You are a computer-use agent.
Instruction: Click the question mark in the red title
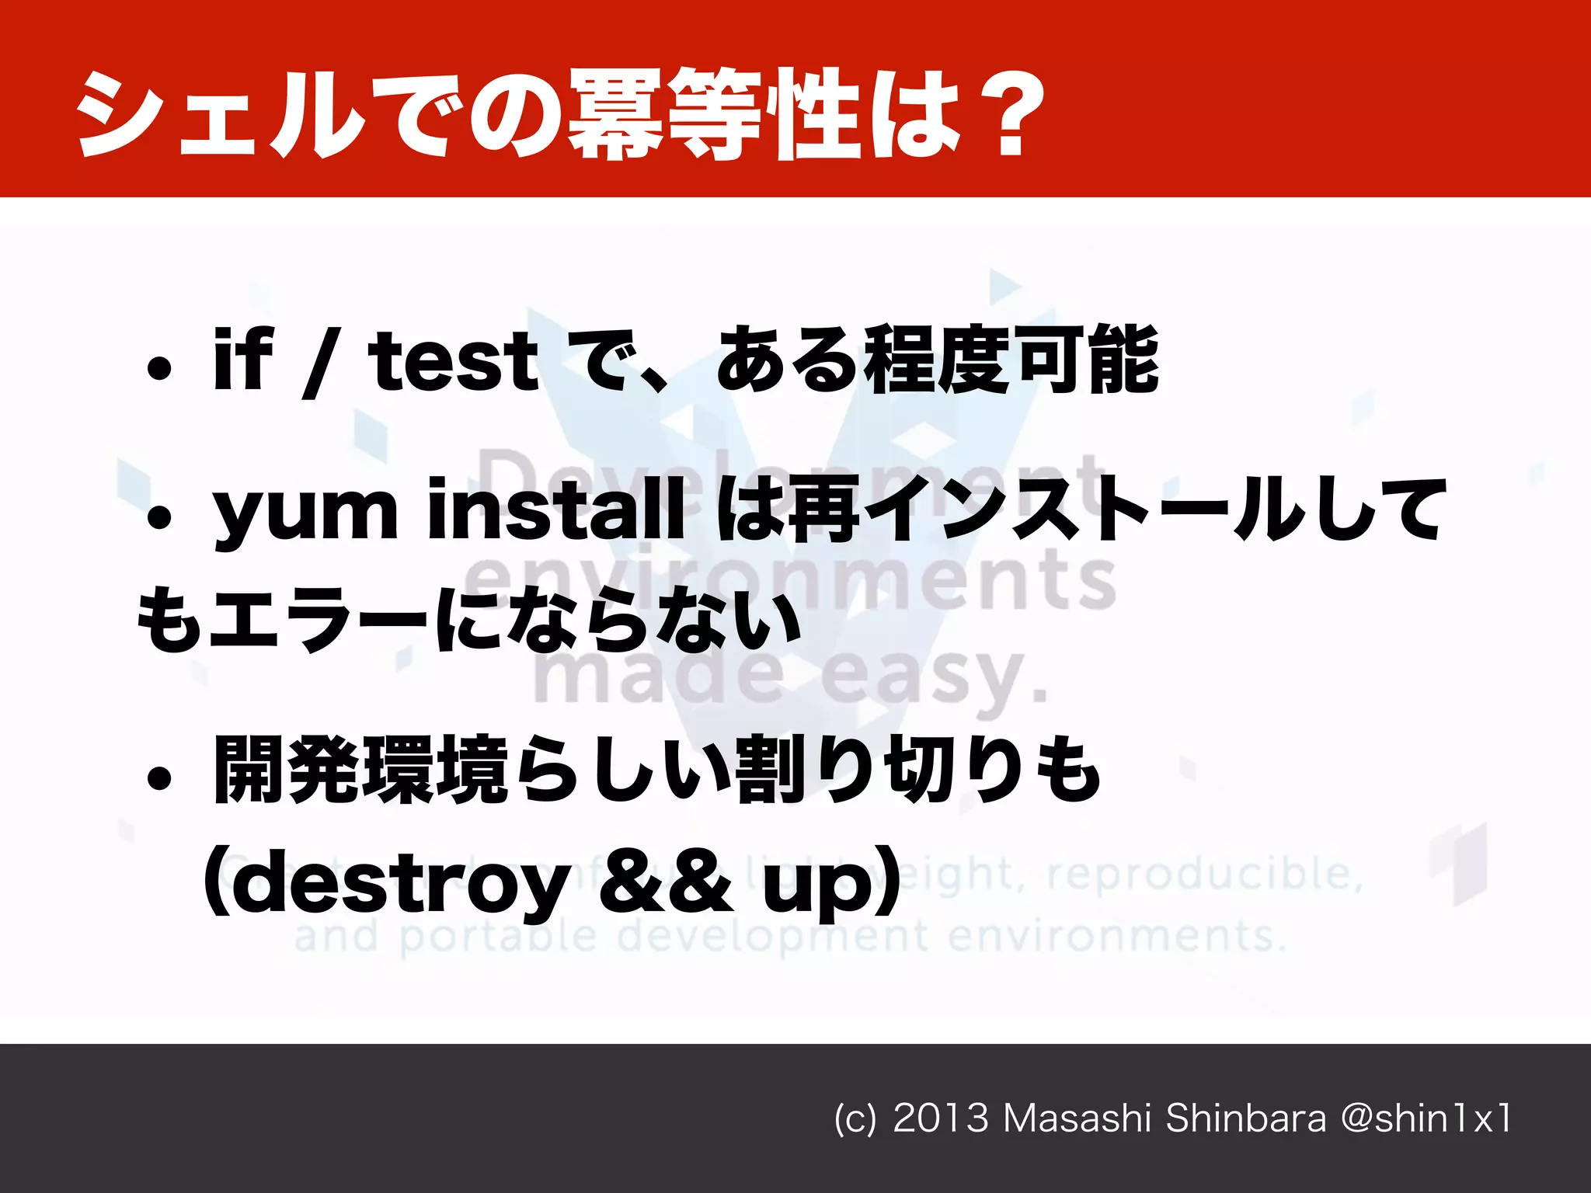click(1010, 115)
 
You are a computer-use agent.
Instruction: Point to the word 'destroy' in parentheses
click(400, 885)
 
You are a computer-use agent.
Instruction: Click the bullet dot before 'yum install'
click(159, 518)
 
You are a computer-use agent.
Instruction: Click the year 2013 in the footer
click(941, 1118)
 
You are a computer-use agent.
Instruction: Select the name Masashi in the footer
click(1077, 1118)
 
